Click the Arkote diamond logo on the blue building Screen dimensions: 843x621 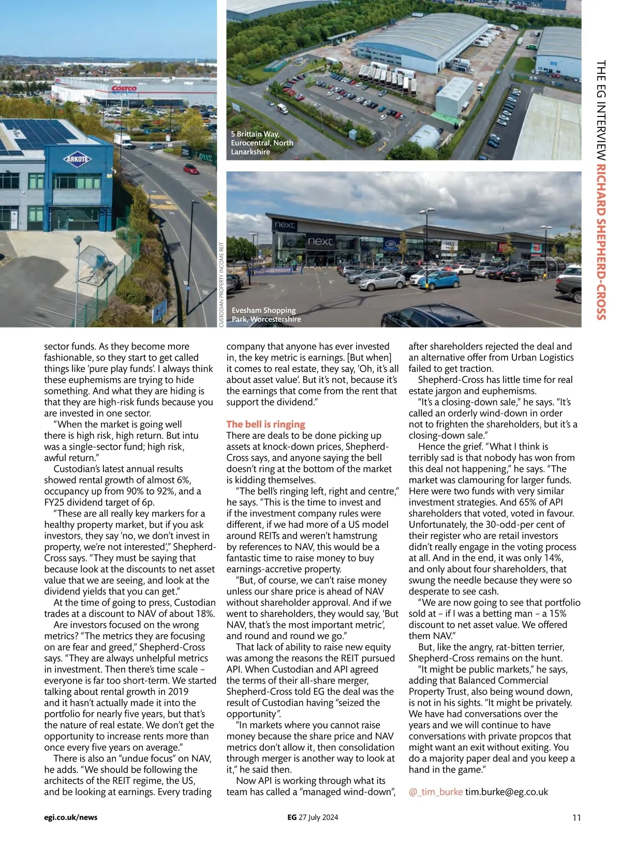tap(77, 159)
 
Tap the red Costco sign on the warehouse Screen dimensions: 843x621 tap(124, 88)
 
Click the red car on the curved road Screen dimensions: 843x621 tap(191, 169)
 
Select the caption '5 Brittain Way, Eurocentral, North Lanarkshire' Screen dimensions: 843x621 tap(262, 143)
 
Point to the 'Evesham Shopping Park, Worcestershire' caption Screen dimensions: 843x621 tap(266, 315)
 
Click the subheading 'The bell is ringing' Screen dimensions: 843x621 tap(265, 424)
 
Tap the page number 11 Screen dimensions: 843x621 tap(576, 818)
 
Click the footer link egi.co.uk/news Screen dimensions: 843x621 tap(70, 818)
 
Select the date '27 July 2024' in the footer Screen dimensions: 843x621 tap(318, 818)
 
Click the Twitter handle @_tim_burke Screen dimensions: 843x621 tap(435, 792)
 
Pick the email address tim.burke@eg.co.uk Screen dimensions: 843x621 tap(506, 792)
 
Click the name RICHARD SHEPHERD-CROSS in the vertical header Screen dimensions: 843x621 tap(601, 242)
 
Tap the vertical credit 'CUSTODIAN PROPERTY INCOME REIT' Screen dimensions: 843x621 tap(221, 285)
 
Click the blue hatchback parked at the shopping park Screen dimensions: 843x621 tap(439, 280)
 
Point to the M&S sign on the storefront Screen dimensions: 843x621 tap(449, 245)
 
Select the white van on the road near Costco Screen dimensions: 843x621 tap(122, 140)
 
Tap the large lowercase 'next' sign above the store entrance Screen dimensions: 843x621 tap(320, 242)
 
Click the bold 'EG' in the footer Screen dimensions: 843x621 tap(292, 818)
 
